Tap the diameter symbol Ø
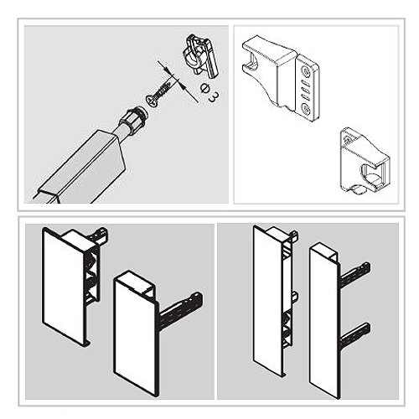pos(204,88)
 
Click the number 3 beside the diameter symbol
pos(214,97)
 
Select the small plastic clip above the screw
pos(200,55)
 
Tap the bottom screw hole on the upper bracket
pos(307,109)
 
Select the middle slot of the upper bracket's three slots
pos(307,91)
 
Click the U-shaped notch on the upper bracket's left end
pos(251,62)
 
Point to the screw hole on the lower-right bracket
pos(348,139)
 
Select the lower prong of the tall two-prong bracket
pos(355,334)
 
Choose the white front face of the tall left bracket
pos(268,300)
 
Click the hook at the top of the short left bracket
pos(98,235)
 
